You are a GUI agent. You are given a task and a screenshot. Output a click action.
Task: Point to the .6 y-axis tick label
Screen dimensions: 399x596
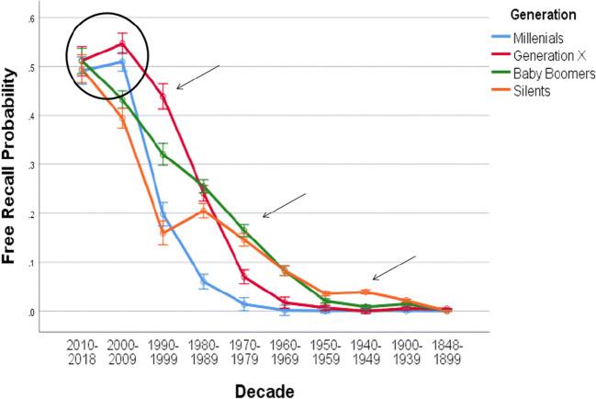32,18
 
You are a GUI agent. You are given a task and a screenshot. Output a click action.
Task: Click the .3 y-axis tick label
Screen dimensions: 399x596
32,165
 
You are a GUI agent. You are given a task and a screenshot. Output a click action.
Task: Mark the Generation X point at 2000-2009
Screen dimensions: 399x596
122,43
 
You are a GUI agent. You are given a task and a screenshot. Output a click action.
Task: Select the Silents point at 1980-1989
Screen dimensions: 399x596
204,211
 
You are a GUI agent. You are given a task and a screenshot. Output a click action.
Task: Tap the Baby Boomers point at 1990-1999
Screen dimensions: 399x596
163,154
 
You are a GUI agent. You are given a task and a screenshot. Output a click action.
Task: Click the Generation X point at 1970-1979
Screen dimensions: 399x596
244,277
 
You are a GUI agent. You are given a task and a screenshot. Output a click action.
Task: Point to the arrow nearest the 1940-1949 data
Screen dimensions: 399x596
394,267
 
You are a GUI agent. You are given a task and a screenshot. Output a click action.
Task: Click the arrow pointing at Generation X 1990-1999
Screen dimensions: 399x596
197,77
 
